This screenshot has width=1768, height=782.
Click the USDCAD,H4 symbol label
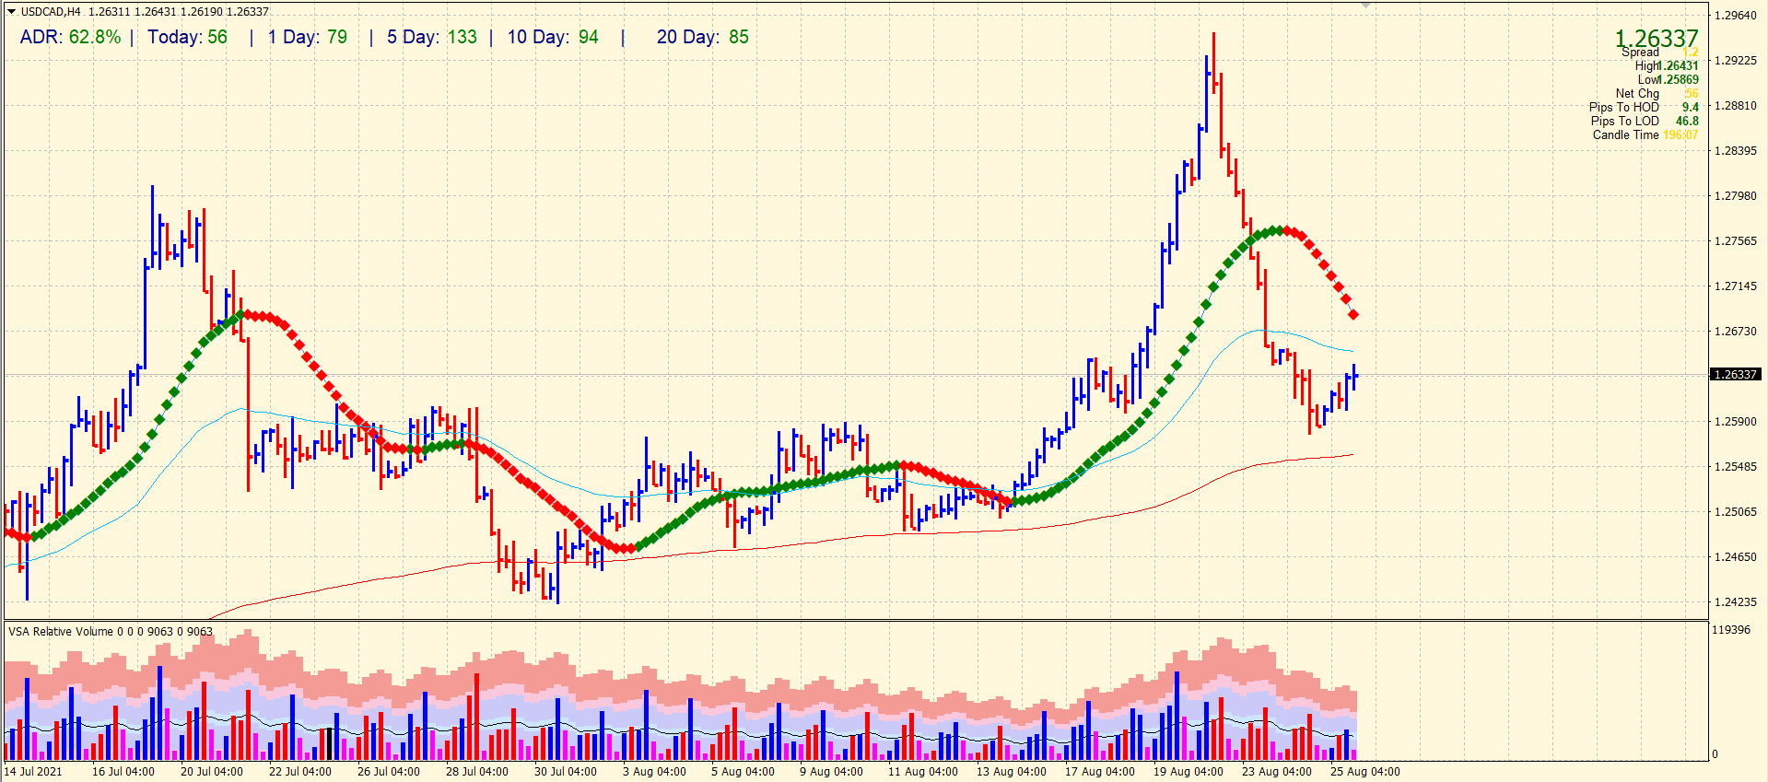[x=51, y=12]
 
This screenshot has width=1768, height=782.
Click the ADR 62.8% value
[x=94, y=37]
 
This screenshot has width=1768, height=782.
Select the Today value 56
[x=217, y=37]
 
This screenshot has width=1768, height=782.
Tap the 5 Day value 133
[x=462, y=37]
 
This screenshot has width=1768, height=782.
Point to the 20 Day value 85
[x=738, y=37]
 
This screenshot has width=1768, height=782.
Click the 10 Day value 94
[x=588, y=37]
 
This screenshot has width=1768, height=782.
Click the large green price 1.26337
[x=1656, y=38]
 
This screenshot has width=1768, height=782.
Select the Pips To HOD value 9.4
[x=1690, y=107]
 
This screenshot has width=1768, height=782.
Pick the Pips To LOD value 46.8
[x=1687, y=121]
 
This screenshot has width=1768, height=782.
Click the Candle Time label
[x=1625, y=134]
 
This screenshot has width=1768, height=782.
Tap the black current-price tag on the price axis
[x=1735, y=374]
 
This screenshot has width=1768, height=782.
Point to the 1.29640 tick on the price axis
[x=1735, y=16]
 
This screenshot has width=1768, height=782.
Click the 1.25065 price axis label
[x=1735, y=512]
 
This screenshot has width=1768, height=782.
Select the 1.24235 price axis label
[x=1735, y=602]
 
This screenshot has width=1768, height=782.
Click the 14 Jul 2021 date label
[x=33, y=772]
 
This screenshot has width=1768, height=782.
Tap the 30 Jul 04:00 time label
[x=565, y=772]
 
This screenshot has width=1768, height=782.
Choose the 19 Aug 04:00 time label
[x=1188, y=772]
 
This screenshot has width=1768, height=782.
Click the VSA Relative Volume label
[x=61, y=632]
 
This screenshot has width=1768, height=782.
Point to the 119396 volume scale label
[x=1730, y=630]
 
